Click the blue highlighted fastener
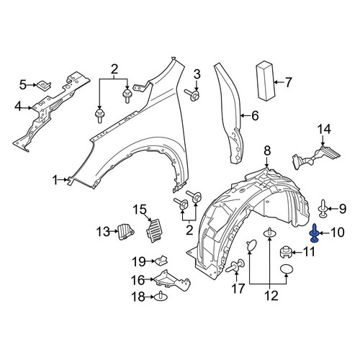point(314,233)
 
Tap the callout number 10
point(337,233)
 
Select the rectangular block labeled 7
point(266,80)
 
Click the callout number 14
point(324,129)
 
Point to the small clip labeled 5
point(44,86)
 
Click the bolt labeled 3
point(192,95)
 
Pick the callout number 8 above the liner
point(267,151)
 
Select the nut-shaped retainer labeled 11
point(286,253)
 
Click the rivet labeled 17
point(235,266)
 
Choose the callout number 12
point(271,295)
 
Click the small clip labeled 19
point(161,261)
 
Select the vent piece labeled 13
point(125,231)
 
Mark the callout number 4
point(18,107)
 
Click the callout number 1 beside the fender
point(55,180)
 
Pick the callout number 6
point(255,116)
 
